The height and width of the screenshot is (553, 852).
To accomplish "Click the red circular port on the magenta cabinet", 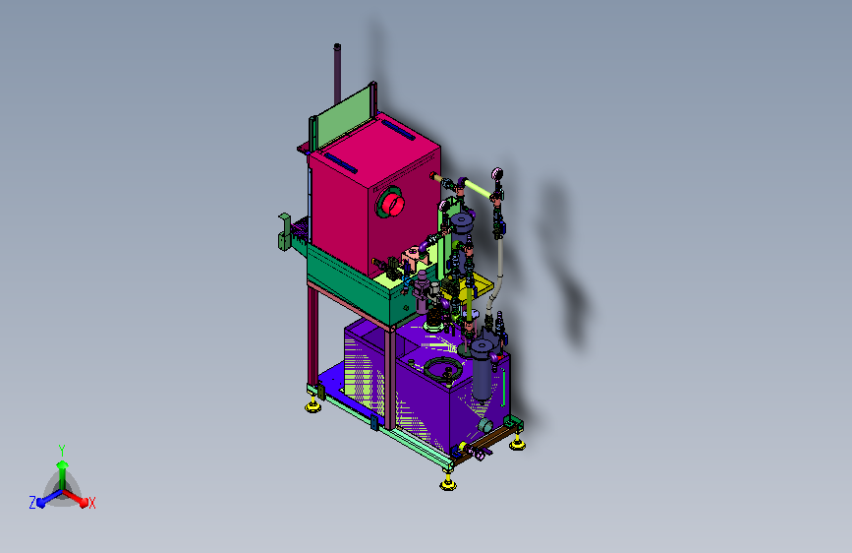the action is point(392,204).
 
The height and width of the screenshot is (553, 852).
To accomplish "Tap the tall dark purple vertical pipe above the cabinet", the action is point(337,74).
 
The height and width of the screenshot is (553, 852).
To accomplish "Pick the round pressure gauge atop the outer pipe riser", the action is point(497,174).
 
